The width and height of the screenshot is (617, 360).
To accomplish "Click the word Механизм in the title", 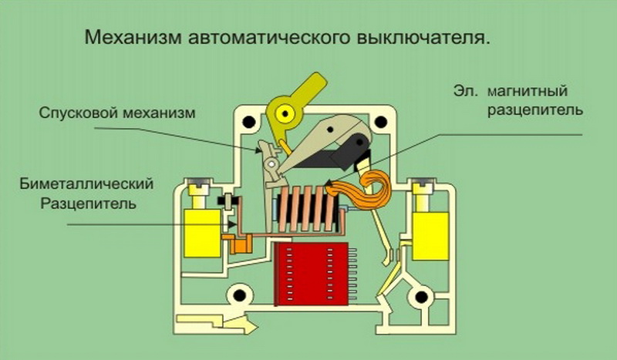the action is coord(133,37).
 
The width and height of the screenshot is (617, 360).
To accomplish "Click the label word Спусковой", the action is coord(78,113).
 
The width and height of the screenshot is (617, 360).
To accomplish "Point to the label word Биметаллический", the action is coord(86,183).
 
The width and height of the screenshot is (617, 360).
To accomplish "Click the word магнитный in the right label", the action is coord(528,91).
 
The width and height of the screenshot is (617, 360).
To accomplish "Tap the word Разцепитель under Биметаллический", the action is coord(89,204).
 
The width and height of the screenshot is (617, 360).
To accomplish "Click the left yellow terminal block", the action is coord(203,234).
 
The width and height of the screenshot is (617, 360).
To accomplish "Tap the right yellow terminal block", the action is coord(430,236).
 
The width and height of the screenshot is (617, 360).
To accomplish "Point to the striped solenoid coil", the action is coord(307,209).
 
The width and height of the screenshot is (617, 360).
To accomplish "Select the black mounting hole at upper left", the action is coord(248,122).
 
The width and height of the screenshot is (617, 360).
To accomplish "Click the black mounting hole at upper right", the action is coord(380,122).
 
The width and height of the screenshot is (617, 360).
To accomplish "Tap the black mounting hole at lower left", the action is coord(238,295).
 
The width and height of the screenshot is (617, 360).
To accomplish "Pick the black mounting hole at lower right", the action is coord(421,297).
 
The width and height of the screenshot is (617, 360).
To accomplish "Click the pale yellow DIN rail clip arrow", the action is coord(217,323).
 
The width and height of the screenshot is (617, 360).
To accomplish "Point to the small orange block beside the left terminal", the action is coord(239,243).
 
